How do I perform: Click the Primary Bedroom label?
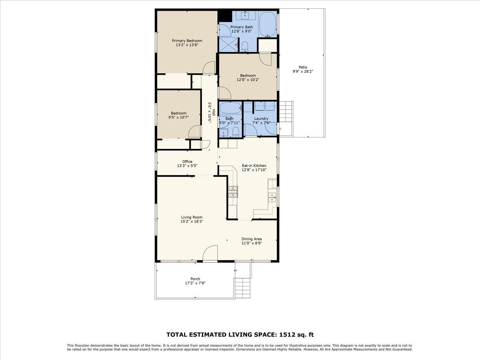(187, 40)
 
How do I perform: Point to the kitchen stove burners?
(233, 192)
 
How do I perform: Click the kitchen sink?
(272, 196)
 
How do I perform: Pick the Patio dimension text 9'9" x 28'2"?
(302, 72)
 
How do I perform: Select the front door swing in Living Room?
(210, 254)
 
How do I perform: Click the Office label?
(187, 162)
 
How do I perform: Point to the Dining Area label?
(252, 239)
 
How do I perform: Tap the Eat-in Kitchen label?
(254, 166)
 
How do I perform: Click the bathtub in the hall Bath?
(230, 108)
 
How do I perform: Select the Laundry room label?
(261, 118)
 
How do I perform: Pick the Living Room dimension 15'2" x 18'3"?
(192, 221)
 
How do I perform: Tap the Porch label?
(195, 279)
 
